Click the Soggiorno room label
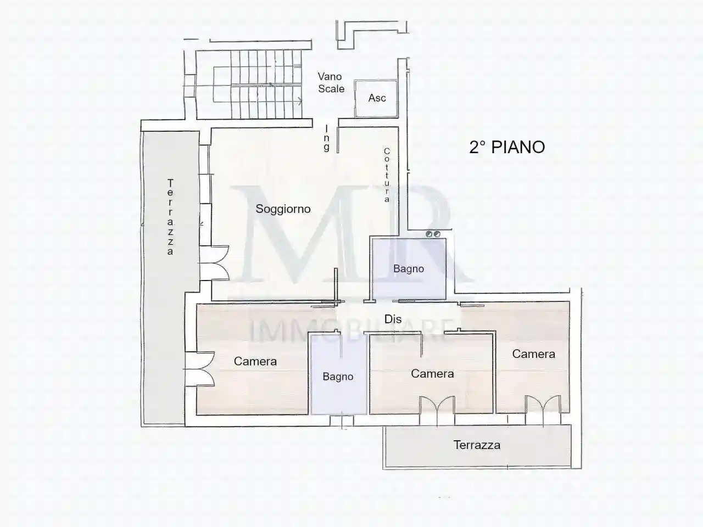click(x=283, y=209)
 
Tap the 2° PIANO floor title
click(x=507, y=147)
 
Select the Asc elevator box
click(x=377, y=98)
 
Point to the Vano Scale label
click(x=331, y=83)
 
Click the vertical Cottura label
click(x=387, y=175)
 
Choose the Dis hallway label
click(x=393, y=319)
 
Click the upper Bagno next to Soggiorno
click(x=409, y=269)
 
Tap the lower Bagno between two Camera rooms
click(x=338, y=377)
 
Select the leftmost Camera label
click(x=255, y=361)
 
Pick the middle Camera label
click(x=432, y=374)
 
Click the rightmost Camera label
click(x=533, y=354)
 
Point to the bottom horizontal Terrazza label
click(x=477, y=445)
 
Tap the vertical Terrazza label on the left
click(x=170, y=217)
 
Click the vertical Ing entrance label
click(x=327, y=138)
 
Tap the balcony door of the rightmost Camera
click(x=542, y=410)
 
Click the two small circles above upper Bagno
click(x=433, y=234)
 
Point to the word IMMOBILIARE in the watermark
click(x=351, y=331)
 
